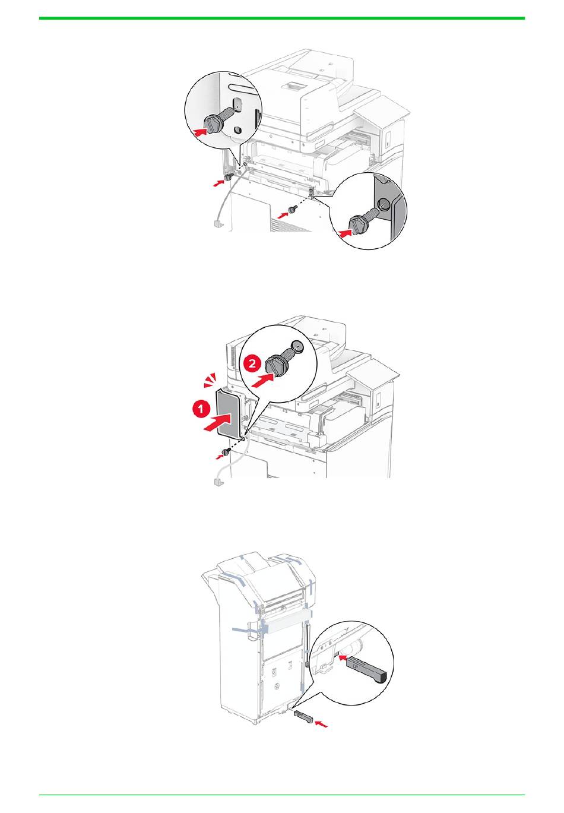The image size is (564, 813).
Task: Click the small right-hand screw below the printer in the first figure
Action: pos(293,209)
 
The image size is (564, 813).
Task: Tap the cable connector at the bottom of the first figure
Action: pos(218,224)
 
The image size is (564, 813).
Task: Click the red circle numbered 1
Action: pos(200,410)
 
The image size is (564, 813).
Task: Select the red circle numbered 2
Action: pos(252,363)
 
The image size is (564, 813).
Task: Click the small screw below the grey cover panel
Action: pos(227,451)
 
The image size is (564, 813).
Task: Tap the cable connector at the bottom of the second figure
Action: pos(217,482)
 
